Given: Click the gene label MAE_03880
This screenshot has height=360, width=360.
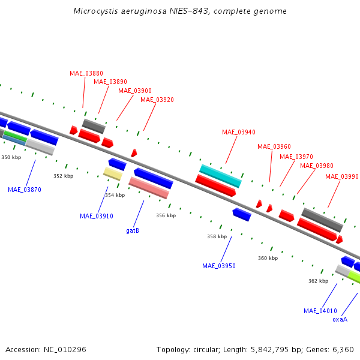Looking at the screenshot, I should click(86, 73).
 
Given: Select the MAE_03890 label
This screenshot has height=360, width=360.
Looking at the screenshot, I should click(110, 82).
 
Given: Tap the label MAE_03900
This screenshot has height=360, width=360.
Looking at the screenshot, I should click(135, 91).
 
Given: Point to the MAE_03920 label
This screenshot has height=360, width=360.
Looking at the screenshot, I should click(157, 100).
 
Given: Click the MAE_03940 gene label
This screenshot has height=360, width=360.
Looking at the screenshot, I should click(239, 132).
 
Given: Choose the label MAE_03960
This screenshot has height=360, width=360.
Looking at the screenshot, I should click(274, 146).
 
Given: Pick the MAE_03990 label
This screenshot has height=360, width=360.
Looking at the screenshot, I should click(342, 176).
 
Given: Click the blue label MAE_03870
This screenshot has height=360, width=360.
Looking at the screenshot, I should click(25, 190).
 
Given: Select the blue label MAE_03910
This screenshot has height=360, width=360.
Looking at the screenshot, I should click(97, 216).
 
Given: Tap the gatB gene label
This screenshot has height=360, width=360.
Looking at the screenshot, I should click(133, 230).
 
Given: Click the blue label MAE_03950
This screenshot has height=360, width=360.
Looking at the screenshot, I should click(219, 266).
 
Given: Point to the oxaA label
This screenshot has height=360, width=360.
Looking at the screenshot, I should click(340, 320).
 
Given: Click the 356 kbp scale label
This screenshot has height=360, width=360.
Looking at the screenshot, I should click(166, 215).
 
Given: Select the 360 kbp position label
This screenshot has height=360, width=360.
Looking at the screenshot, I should click(268, 258).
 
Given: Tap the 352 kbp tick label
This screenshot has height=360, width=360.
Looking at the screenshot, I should click(63, 176).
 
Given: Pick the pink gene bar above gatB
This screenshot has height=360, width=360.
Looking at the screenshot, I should click(149, 188).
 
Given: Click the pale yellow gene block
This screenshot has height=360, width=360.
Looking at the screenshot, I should click(112, 174).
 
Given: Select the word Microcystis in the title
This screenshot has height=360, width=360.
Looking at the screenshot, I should click(94, 11).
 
